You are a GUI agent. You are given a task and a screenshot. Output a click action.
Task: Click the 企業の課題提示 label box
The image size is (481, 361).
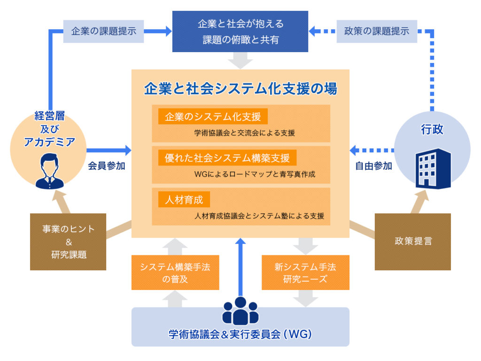pos(103,31)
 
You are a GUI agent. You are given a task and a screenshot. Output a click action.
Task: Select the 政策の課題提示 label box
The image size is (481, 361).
pos(377,31)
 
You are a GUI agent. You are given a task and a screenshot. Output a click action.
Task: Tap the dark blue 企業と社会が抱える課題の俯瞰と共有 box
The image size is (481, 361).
pos(240,31)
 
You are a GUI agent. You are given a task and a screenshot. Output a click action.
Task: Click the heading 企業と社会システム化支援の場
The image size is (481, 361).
pos(240,89)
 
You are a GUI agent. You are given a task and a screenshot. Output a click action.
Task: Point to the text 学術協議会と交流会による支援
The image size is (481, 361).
pos(244,133)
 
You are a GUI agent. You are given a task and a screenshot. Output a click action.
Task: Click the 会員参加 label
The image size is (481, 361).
pos(107,166)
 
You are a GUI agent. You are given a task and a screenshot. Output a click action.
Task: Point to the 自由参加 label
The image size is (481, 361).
pos(373,166)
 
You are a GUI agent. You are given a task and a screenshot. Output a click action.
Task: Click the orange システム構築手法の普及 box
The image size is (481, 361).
pos(175,273)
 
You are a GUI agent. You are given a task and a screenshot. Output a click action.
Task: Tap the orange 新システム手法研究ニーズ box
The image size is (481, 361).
pos(305,273)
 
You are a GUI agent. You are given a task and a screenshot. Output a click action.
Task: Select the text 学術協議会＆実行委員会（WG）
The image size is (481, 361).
pos(240,335)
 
